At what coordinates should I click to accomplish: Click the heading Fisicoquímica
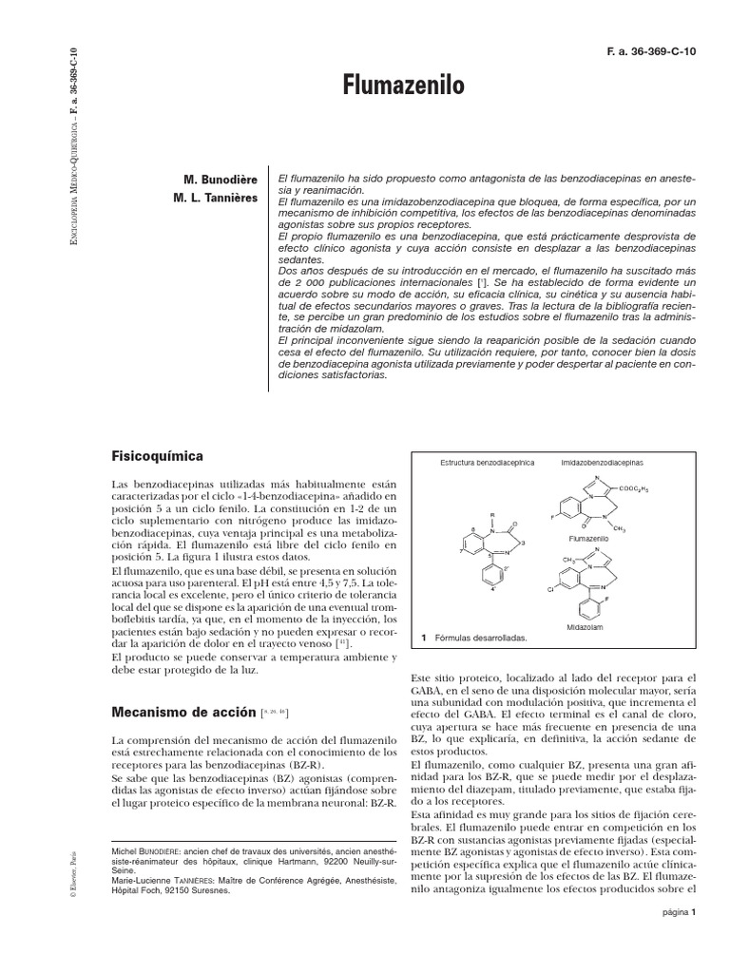point(157,456)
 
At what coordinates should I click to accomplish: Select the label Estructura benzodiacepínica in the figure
point(488,462)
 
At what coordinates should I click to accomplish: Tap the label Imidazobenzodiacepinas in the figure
point(602,462)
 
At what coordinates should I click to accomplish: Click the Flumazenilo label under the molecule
point(588,537)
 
